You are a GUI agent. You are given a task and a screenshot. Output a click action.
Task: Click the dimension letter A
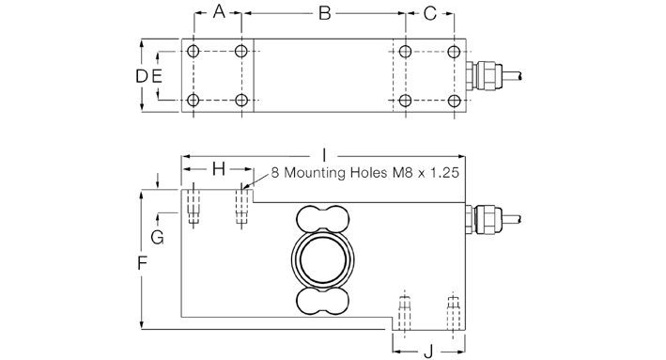click(219, 12)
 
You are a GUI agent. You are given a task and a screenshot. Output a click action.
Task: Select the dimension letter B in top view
click(325, 13)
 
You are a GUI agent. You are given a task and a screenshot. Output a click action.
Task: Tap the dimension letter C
click(430, 13)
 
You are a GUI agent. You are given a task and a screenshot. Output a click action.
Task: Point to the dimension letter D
click(142, 76)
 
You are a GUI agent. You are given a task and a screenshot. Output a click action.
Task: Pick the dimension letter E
click(157, 76)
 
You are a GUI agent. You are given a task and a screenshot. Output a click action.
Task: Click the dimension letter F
click(142, 263)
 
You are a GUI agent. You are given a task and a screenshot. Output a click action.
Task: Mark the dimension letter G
click(158, 237)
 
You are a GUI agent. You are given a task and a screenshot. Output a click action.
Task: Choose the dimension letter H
click(219, 169)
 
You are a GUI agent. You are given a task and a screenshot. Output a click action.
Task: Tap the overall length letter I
click(324, 155)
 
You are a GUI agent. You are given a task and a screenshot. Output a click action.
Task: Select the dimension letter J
click(428, 352)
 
